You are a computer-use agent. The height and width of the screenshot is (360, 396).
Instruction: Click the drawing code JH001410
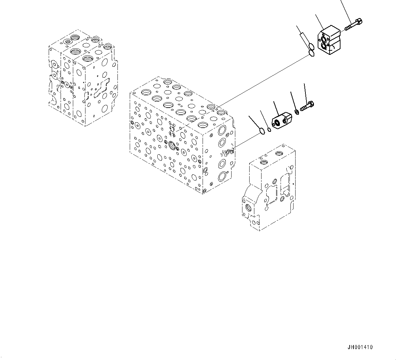pos(360,347)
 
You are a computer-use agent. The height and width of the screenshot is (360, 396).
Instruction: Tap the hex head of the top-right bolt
pos(359,22)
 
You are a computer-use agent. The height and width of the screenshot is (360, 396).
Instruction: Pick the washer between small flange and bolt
pos(297,111)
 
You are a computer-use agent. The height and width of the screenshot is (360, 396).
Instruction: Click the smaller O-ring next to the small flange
pos(269,130)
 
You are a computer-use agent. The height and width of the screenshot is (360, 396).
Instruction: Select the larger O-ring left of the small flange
pos(262,131)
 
